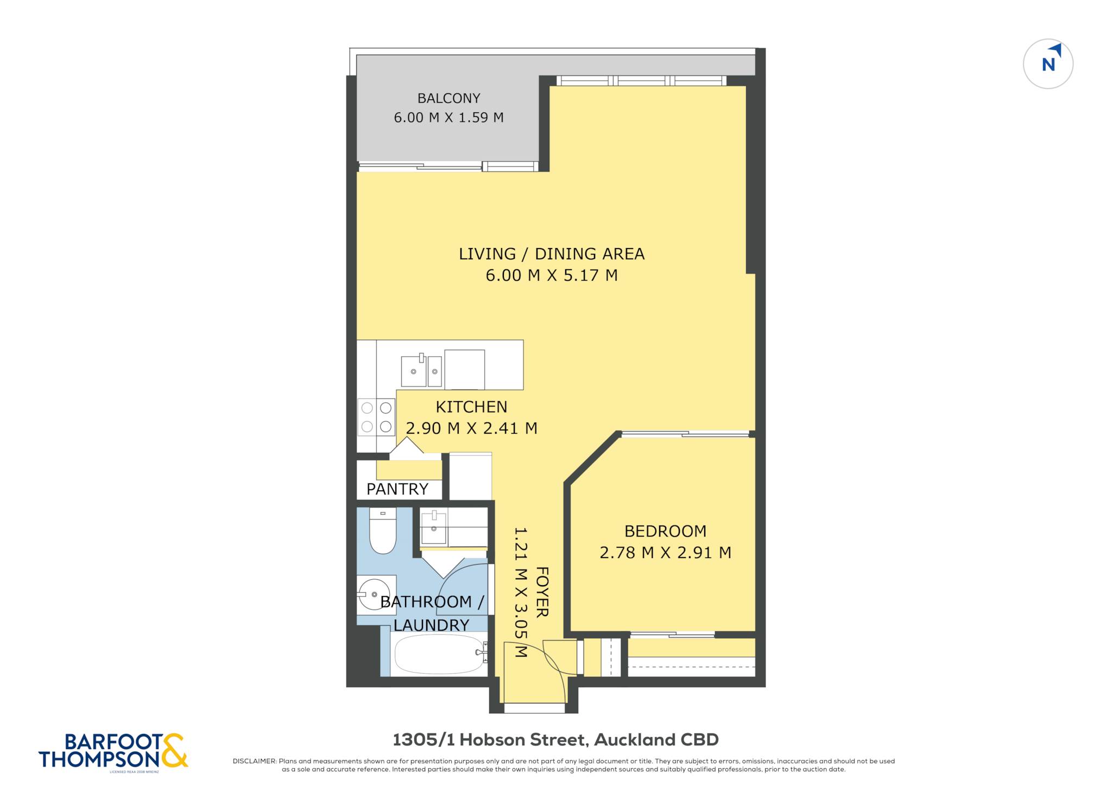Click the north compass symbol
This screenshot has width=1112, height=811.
pyautogui.click(x=1048, y=64)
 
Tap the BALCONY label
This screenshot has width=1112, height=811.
pyautogui.click(x=448, y=98)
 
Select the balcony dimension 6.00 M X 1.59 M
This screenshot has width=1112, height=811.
pyautogui.click(x=448, y=117)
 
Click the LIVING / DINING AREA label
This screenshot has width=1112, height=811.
pyautogui.click(x=552, y=254)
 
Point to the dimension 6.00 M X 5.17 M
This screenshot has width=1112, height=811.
pyautogui.click(x=552, y=275)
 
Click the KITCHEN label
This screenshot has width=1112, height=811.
pyautogui.click(x=471, y=407)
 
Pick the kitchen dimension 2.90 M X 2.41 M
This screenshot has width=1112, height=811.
pyautogui.click(x=471, y=428)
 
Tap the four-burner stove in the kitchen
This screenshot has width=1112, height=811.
pyautogui.click(x=376, y=417)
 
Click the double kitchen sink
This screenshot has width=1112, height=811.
pyautogui.click(x=421, y=371)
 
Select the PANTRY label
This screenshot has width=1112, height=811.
pyautogui.click(x=397, y=489)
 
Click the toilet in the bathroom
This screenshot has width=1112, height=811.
pyautogui.click(x=383, y=530)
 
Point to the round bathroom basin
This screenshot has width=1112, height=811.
pyautogui.click(x=374, y=594)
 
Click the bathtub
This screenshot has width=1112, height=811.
pyautogui.click(x=439, y=654)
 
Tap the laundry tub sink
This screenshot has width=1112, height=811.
pyautogui.click(x=434, y=527)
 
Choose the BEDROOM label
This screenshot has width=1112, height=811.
pyautogui.click(x=665, y=531)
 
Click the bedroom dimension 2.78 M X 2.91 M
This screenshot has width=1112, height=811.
pyautogui.click(x=665, y=553)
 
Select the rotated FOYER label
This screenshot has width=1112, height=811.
pyautogui.click(x=542, y=592)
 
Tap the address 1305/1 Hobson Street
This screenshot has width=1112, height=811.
pyautogui.click(x=490, y=740)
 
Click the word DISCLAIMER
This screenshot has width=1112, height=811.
pyautogui.click(x=254, y=761)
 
